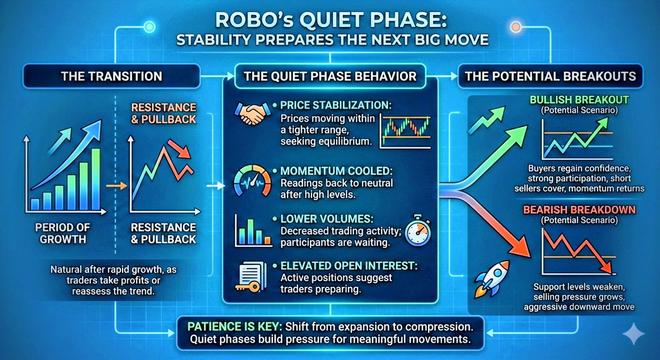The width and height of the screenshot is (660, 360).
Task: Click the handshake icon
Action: point(253,112)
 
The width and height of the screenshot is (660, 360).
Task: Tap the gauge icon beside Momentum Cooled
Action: point(252,180)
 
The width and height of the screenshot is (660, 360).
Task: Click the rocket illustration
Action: point(491,279)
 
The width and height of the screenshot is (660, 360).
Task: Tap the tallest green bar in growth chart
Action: point(96,179)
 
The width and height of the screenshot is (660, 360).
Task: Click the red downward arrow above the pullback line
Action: point(179,149)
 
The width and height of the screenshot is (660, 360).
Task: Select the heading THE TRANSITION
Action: point(112,76)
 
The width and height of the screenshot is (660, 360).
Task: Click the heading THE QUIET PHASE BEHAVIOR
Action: point(330,76)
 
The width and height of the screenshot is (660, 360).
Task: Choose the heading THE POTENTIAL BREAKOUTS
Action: point(550,76)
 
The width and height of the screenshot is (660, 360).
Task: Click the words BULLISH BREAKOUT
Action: point(579,100)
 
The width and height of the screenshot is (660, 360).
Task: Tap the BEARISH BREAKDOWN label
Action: point(579,210)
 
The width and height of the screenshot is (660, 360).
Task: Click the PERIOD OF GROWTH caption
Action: point(62,233)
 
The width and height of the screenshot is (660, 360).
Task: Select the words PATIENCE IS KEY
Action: point(233,326)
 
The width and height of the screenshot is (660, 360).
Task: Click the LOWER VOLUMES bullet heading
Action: point(327,218)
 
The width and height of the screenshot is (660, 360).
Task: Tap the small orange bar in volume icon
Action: point(268,240)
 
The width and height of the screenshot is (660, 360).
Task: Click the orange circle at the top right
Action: point(516,27)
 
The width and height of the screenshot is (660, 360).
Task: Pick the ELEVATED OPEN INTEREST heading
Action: point(349,266)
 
